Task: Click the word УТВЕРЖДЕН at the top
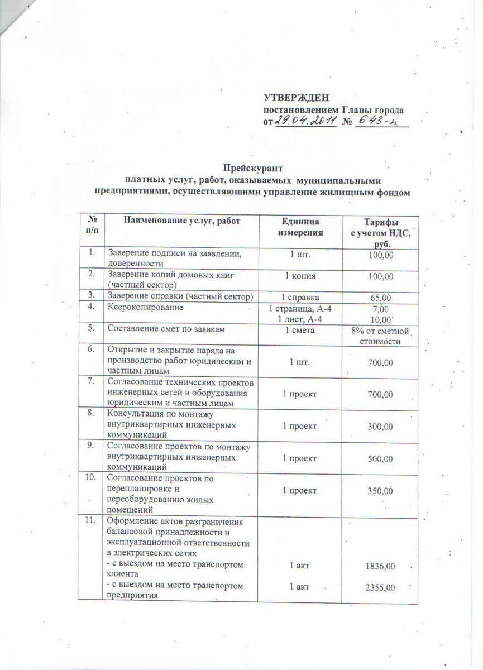pyautogui.click(x=297, y=98)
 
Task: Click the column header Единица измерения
pyautogui.click(x=300, y=226)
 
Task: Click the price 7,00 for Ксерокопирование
pyautogui.click(x=380, y=309)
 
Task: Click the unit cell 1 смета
pyautogui.click(x=300, y=331)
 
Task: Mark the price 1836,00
pyautogui.click(x=382, y=566)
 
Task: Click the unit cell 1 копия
pyautogui.click(x=300, y=276)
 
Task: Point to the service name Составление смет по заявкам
pyautogui.click(x=158, y=331)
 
